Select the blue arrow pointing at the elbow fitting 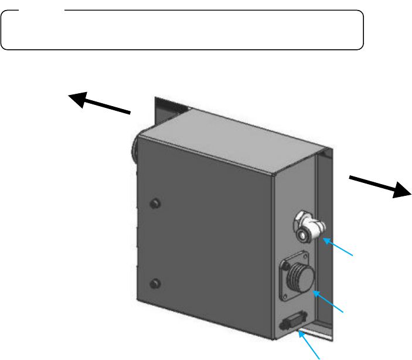point(341,247)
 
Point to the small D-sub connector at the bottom point(290,323)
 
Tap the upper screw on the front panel point(155,203)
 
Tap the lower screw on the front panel point(155,284)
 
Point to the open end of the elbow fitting point(302,235)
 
